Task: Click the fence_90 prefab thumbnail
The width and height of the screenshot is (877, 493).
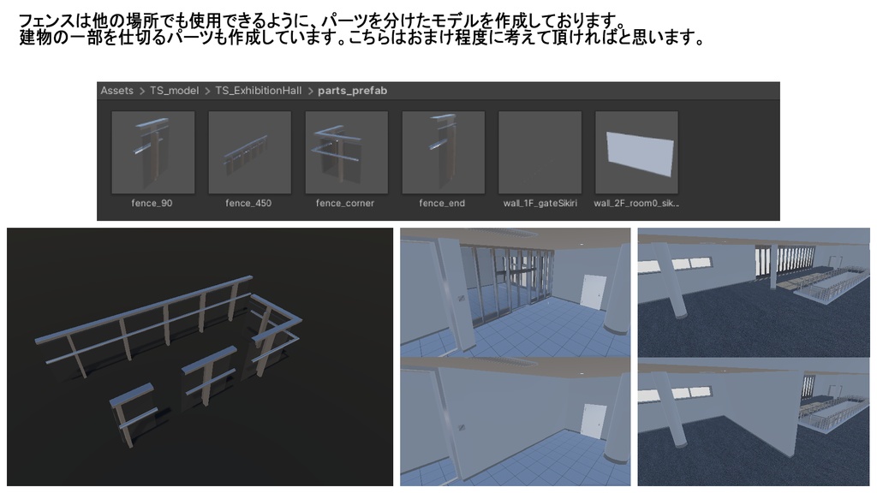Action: click(x=152, y=152)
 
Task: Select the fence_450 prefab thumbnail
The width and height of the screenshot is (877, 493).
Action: click(x=249, y=152)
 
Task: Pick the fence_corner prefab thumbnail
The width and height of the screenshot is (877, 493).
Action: click(x=346, y=152)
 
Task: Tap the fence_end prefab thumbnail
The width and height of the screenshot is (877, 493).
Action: click(x=443, y=152)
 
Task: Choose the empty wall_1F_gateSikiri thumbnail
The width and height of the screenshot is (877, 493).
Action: click(x=540, y=152)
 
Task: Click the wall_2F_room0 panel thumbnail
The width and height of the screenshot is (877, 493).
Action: click(x=636, y=152)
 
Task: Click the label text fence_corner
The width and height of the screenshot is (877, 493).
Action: click(x=345, y=204)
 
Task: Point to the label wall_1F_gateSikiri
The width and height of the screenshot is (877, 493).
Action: click(x=540, y=204)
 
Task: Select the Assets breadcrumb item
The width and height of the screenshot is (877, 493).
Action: click(x=117, y=91)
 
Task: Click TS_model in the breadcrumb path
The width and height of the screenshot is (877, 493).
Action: click(x=174, y=91)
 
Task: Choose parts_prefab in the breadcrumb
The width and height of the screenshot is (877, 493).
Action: click(x=353, y=91)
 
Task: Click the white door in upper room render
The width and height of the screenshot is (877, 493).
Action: click(x=593, y=292)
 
